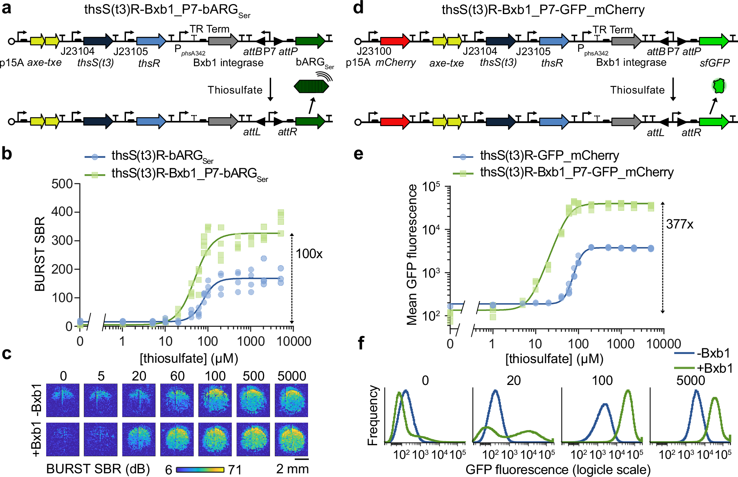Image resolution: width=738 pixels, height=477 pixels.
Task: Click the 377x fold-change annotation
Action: click(680, 224)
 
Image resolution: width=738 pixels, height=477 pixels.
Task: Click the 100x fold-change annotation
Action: click(309, 254)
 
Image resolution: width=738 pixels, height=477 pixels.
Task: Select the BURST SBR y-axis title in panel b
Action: click(40, 254)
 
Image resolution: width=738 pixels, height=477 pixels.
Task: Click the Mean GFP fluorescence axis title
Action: click(411, 255)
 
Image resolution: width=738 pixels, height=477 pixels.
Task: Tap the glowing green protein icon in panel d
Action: click(719, 86)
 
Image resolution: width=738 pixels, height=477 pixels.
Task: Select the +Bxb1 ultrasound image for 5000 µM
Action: click(291, 439)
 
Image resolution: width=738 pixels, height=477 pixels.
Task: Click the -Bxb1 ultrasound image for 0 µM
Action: click(63, 400)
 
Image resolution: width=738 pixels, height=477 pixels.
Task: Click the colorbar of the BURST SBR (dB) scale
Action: click(200, 470)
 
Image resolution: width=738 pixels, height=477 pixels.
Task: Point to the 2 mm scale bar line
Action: click(302, 459)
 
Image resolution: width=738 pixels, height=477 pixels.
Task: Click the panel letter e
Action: click(358, 154)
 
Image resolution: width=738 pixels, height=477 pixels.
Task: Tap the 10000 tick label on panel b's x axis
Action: click(294, 341)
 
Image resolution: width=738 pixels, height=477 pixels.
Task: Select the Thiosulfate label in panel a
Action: click(235, 90)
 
